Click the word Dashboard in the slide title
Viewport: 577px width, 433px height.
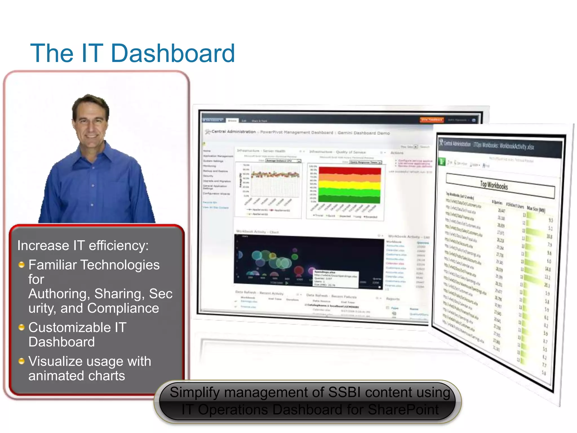click(173, 53)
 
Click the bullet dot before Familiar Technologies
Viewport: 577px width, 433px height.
click(21, 265)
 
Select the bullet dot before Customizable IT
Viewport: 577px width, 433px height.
click(21, 327)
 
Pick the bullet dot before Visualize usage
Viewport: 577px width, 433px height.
click(21, 361)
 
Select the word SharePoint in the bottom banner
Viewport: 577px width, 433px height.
click(403, 410)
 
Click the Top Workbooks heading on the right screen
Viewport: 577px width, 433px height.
click(494, 185)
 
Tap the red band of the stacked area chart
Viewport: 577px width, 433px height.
click(349, 171)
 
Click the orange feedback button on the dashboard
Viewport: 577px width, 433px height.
click(431, 120)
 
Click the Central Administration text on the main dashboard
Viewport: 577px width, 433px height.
click(233, 132)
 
